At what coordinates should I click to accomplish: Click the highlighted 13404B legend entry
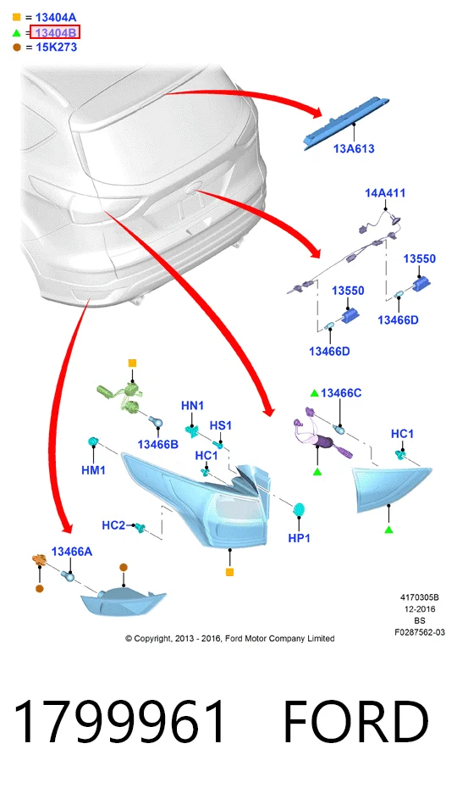pos(55,33)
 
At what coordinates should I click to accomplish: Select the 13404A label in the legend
pos(56,18)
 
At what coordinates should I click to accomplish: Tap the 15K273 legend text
pos(56,47)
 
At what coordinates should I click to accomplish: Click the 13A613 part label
pos(354,148)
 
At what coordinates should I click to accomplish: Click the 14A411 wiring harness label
pos(385,192)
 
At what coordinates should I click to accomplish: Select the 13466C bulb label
pos(341,392)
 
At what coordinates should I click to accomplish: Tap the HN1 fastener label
pos(192,405)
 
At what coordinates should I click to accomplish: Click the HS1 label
pos(221,425)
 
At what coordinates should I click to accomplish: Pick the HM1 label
pos(93,470)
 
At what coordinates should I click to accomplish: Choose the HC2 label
pos(113,525)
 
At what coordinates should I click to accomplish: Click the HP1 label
pos(299,538)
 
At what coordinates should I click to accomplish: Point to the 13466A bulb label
pos(71,552)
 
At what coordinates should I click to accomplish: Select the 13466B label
pos(158,444)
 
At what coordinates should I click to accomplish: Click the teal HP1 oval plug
pos(300,510)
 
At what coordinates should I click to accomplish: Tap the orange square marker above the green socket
pos(132,363)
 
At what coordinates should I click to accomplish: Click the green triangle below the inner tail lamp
pos(388,530)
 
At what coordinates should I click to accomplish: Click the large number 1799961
pos(119,722)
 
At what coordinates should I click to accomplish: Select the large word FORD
pos(356,722)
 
